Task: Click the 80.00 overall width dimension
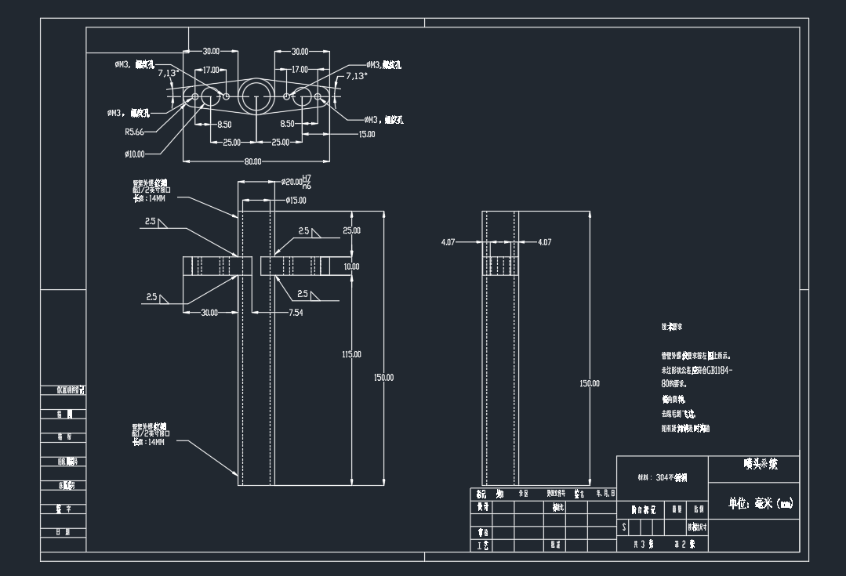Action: [252, 161]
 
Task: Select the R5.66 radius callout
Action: [135, 132]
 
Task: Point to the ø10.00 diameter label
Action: [135, 154]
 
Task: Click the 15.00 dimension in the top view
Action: [366, 134]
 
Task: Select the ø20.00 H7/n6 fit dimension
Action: [297, 182]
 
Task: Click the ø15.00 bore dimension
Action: [296, 200]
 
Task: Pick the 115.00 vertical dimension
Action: [351, 354]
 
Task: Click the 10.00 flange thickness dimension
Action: [351, 266]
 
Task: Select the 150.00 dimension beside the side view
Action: [590, 383]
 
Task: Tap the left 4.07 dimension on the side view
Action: [448, 242]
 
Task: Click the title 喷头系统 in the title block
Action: [761, 464]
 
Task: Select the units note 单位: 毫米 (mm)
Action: [761, 504]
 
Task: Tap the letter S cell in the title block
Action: [624, 528]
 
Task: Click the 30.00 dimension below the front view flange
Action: [210, 313]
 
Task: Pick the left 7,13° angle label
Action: [169, 73]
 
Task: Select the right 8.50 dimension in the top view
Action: [288, 124]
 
